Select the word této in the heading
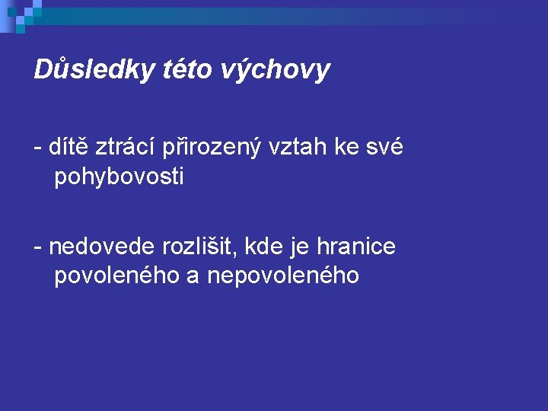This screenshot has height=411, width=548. [188, 68]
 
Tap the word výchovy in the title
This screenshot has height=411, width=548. [276, 71]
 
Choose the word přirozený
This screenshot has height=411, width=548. [212, 147]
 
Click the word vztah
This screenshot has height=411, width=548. [298, 146]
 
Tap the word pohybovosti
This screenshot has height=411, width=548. [119, 176]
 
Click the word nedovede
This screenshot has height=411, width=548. [101, 246]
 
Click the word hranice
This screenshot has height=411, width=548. [356, 246]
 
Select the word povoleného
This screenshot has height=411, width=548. [117, 275]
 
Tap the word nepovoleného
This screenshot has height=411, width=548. [283, 275]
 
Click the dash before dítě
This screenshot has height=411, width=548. [38, 148]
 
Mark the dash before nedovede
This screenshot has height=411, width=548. [38, 248]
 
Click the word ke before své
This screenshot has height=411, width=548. [347, 146]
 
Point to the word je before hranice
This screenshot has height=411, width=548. [300, 248]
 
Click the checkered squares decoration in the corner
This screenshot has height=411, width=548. [21, 17]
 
